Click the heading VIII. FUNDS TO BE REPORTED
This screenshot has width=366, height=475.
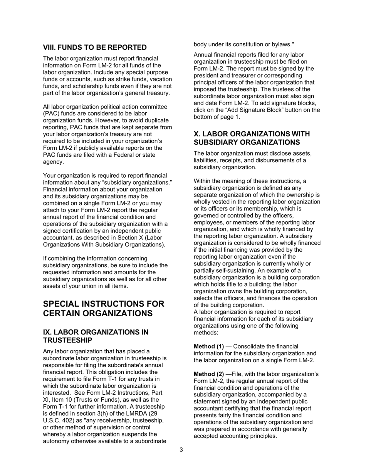click(95, 47)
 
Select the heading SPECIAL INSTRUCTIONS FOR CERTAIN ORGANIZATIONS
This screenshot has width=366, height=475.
click(103, 309)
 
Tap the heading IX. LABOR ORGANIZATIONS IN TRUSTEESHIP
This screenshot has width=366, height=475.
click(96, 336)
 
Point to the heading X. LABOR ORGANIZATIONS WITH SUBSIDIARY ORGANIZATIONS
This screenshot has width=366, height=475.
click(252, 138)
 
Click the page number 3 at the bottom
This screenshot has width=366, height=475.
click(181, 450)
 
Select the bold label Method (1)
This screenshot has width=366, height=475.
click(208, 346)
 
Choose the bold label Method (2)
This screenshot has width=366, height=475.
click(208, 374)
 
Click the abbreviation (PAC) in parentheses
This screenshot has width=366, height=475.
click(51, 114)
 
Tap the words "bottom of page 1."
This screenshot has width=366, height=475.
click(217, 117)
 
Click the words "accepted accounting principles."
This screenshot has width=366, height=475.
click(235, 436)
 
